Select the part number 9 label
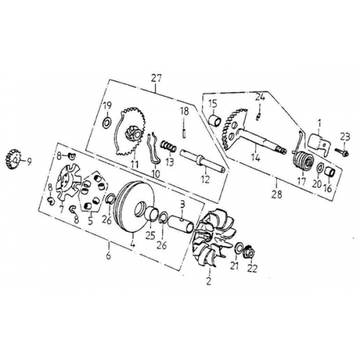pos(30,161)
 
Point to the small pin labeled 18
pos(185,130)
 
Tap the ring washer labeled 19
pos(107,125)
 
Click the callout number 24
pos(261,96)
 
